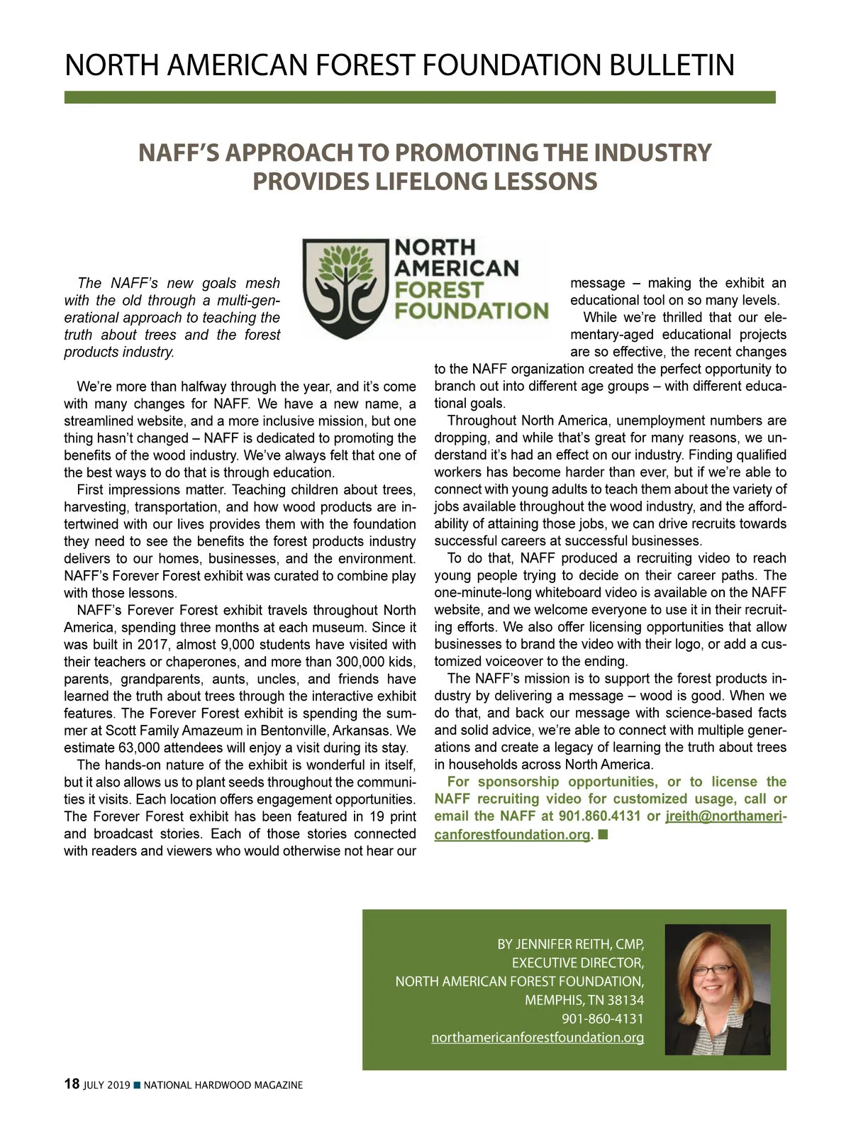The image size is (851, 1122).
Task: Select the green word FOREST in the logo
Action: tap(438, 290)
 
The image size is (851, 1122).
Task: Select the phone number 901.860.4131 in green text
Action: tap(599, 816)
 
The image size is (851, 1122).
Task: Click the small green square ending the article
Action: tap(603, 834)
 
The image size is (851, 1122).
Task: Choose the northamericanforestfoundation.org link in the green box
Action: tap(538, 1038)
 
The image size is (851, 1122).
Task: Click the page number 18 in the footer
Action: tap(72, 1084)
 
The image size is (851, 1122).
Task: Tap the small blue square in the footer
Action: tap(137, 1084)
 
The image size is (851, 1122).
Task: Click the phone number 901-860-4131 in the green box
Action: tap(602, 1019)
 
